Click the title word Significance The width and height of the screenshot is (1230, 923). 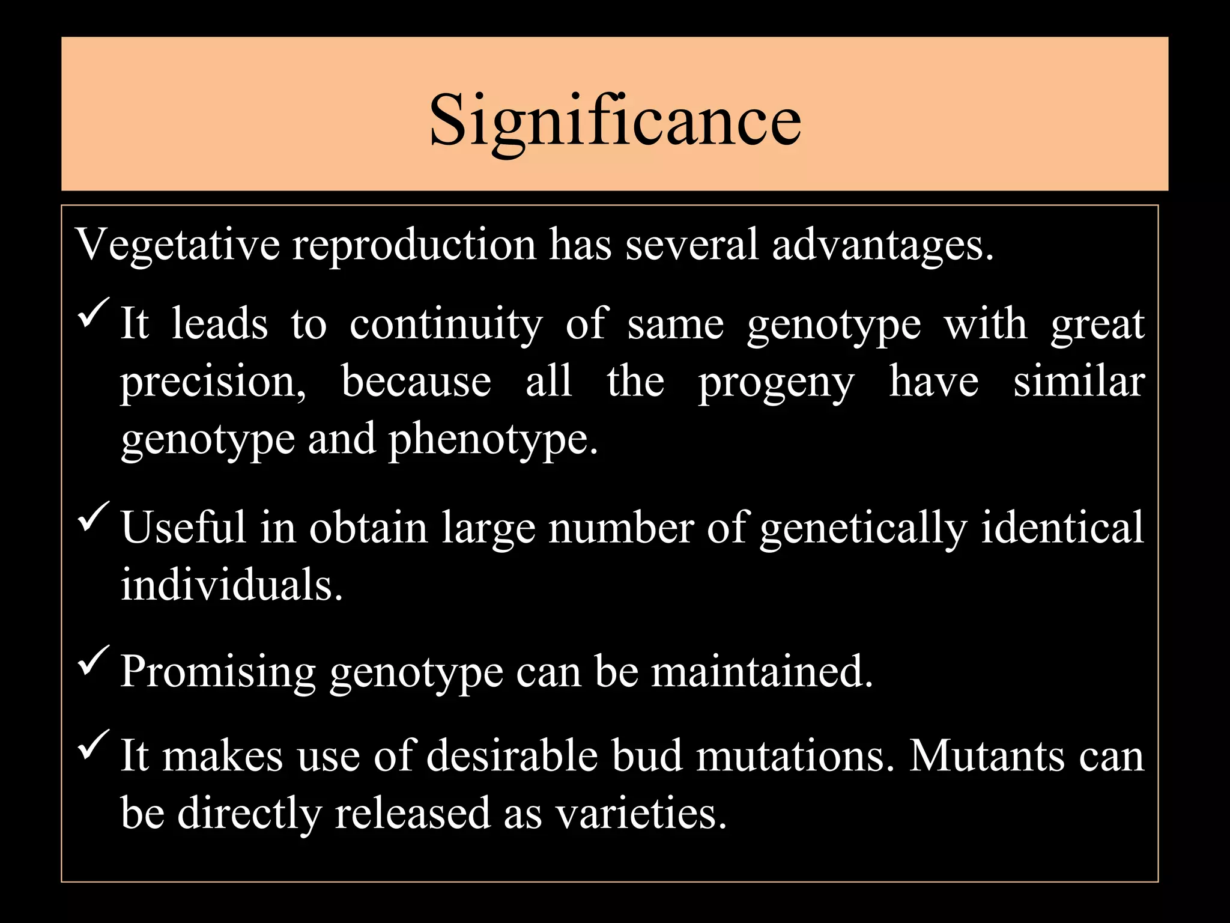click(x=615, y=120)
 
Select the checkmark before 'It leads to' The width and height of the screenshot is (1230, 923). click(x=93, y=312)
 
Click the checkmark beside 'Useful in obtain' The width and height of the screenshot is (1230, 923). click(x=93, y=517)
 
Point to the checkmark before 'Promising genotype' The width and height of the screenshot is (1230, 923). click(x=93, y=660)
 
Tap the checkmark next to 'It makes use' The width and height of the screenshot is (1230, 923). click(x=93, y=744)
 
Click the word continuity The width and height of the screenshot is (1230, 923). click(x=446, y=324)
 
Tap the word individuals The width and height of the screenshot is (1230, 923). click(x=231, y=584)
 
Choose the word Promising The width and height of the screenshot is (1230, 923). click(x=218, y=672)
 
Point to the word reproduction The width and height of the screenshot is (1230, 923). click(x=414, y=245)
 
